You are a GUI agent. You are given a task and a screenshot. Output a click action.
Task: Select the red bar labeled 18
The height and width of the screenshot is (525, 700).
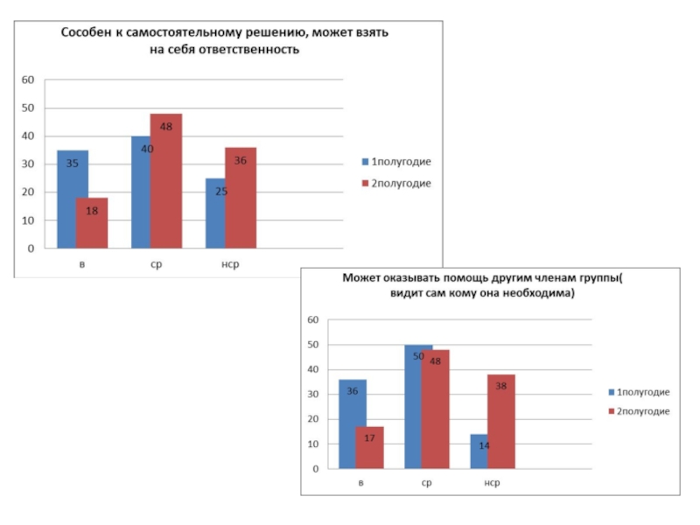92,223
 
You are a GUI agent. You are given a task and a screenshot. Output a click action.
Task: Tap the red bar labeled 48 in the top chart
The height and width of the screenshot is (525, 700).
166,181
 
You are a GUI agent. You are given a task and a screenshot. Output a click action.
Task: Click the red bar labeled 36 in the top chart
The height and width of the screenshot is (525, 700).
241,198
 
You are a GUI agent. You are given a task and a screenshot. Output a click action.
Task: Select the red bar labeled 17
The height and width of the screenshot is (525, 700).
370,448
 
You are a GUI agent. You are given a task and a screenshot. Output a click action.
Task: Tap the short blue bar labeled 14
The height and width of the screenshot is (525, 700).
479,451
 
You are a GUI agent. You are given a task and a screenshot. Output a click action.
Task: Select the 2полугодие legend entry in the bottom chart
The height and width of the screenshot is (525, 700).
643,411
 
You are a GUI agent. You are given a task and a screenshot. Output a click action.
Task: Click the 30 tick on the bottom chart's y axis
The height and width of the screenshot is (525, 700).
313,395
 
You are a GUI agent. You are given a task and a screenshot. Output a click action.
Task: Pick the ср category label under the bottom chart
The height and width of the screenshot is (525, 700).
426,483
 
